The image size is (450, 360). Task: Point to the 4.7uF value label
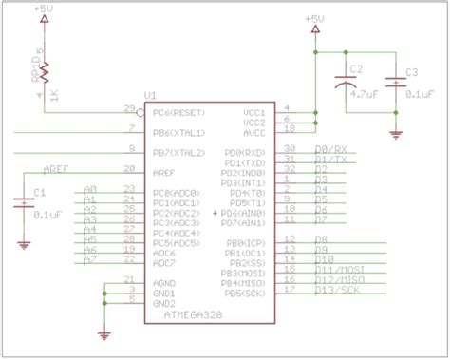point(366,95)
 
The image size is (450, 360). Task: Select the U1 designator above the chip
point(150,96)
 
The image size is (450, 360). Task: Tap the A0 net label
point(91,189)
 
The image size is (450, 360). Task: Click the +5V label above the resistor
point(44,9)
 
